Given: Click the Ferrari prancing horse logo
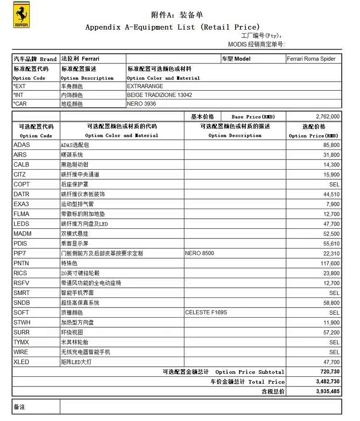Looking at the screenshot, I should pos(21,16).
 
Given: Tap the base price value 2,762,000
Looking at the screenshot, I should pos(328,116).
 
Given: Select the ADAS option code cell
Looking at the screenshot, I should pos(22,145).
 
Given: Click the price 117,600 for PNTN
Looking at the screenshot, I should pos(330,263).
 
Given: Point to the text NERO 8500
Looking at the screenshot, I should pos(200,253).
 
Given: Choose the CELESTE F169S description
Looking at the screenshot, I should pos(206,313).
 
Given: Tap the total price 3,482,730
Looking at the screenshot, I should pos(328,382).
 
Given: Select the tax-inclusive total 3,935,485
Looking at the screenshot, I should pos(328,392).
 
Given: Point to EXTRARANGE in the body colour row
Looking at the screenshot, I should pos(145,86).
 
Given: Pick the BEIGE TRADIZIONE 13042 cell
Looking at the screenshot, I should pos(159,95).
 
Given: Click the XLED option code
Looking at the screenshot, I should pos(22,362).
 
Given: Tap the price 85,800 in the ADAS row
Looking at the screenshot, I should pos(331,145).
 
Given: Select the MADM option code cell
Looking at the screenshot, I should pos(23,234).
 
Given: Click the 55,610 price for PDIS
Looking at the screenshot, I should pos(331,244).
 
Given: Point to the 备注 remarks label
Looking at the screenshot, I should pos(20,407).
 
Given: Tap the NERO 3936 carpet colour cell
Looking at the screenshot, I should pos(142,103).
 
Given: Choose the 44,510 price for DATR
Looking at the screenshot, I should pos(331,194).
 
